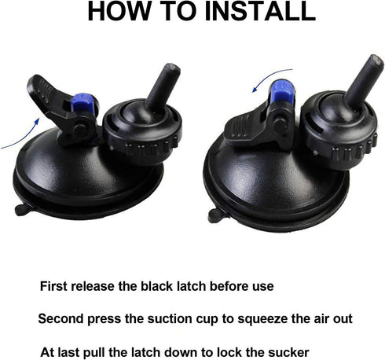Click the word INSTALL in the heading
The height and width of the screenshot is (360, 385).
(251, 13)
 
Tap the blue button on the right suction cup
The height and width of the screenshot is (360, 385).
(276, 98)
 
